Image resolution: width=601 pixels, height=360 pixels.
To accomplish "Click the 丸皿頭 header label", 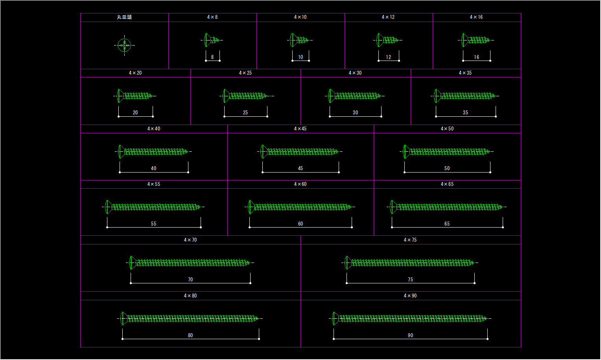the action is [124, 17].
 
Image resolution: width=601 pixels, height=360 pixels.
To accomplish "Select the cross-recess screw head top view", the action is [125, 45].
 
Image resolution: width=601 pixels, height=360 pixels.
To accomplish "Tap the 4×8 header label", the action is [212, 17].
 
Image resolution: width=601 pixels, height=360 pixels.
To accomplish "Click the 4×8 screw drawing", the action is [212, 40].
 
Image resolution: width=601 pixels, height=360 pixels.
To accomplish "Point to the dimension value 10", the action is [300, 57].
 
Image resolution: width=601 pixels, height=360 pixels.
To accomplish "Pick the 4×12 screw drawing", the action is [387, 40].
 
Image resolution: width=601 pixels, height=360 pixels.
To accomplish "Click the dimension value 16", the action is [476, 57].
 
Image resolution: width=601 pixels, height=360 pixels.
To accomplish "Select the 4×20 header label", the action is [135, 73].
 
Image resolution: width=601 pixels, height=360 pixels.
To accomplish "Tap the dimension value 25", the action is [245, 112].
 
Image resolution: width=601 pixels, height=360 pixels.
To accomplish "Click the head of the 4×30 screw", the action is [331, 96].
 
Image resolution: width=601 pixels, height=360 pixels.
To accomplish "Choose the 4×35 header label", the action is [465, 73].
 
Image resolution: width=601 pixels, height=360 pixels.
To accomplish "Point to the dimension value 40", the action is [153, 168].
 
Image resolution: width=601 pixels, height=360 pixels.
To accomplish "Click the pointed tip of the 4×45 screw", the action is [339, 151].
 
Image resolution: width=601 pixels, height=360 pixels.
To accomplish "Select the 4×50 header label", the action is [447, 129].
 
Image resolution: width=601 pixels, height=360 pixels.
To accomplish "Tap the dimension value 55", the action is [153, 224].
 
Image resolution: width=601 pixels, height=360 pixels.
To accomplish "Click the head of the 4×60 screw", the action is [251, 207].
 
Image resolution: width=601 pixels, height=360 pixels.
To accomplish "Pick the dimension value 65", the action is [447, 224].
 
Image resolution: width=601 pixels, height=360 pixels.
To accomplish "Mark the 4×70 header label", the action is [190, 240].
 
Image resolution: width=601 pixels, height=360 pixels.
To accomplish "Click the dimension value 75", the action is [411, 279].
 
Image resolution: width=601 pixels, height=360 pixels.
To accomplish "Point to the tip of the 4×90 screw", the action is [487, 318].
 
